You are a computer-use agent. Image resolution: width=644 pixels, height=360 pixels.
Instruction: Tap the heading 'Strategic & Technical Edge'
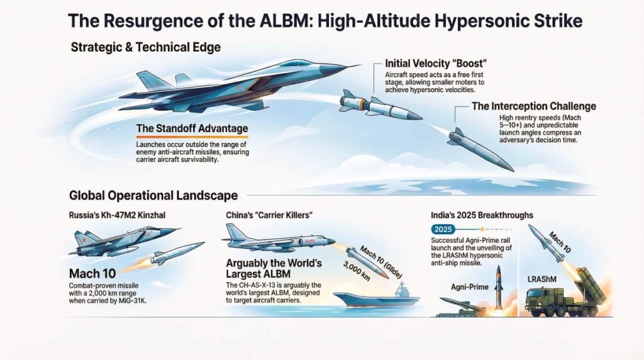coord(145,48)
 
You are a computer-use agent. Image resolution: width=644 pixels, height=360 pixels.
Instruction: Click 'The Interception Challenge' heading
coord(533,106)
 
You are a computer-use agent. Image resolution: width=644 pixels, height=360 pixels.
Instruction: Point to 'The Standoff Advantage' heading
coord(192,129)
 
